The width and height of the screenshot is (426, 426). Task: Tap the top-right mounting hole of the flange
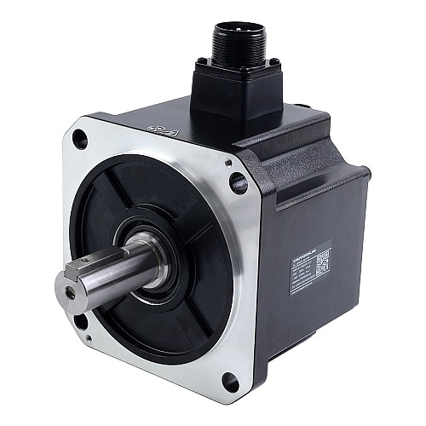coord(238,181)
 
